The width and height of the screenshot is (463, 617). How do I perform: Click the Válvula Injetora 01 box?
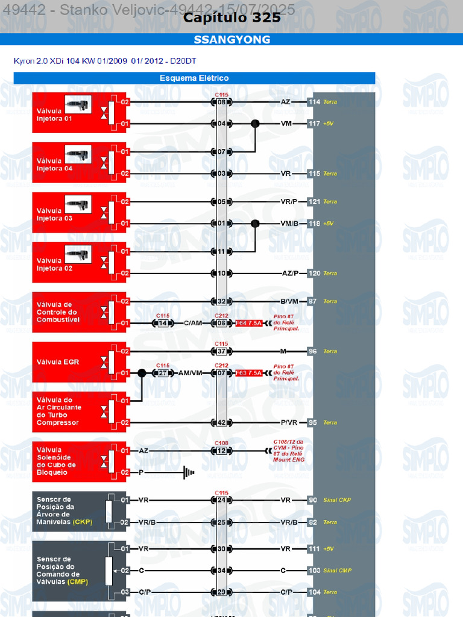pyautogui.click(x=79, y=113)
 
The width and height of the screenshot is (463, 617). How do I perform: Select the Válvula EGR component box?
pyautogui.click(x=79, y=362)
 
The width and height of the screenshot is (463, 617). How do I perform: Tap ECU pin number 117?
pyautogui.click(x=314, y=124)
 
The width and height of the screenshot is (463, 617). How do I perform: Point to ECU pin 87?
pyautogui.click(x=313, y=301)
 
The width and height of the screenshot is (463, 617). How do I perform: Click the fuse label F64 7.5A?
pyautogui.click(x=249, y=324)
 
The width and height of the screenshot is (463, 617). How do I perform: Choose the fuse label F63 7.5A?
pyautogui.click(x=249, y=374)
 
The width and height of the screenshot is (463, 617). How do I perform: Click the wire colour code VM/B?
pyautogui.click(x=289, y=224)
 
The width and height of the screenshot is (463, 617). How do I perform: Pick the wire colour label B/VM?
pyautogui.click(x=289, y=301)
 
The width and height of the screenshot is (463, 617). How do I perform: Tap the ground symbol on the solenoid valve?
pyautogui.click(x=189, y=472)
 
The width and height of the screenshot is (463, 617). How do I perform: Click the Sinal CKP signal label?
pyautogui.click(x=337, y=500)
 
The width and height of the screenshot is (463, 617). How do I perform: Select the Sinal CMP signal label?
pyautogui.click(x=338, y=570)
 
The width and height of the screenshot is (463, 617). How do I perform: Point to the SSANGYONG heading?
pyautogui.click(x=231, y=40)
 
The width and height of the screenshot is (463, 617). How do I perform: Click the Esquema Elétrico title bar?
pyautogui.click(x=194, y=78)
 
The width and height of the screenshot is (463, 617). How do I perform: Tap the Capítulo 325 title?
pyautogui.click(x=231, y=17)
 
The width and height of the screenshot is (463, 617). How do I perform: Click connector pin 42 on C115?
pyautogui.click(x=221, y=423)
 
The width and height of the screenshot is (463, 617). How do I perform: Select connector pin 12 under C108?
pyautogui.click(x=221, y=451)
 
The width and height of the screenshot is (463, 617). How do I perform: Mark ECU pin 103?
pyautogui.click(x=313, y=570)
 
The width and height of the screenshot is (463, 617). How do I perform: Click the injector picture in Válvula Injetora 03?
pyautogui.click(x=77, y=205)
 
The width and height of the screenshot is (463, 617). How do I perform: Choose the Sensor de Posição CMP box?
pyautogui.click(x=79, y=570)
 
